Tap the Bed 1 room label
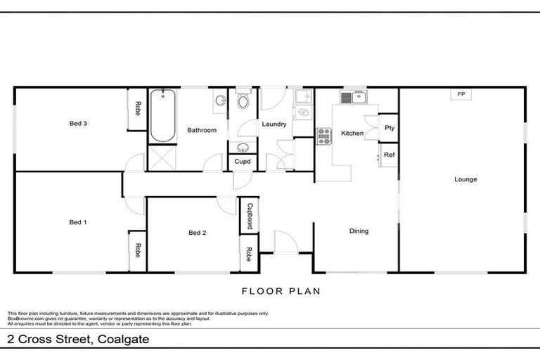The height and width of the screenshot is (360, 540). coord(77,222)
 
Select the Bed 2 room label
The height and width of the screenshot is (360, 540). coord(197,233)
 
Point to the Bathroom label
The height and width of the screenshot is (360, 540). coord(201,130)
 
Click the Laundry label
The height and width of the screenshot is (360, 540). coord(274,124)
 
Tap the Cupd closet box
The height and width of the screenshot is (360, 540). coord(243,162)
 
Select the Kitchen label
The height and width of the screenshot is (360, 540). coord(352,133)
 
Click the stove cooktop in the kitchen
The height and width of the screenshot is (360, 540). coord(324,136)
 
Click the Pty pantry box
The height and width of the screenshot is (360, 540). coord(389,128)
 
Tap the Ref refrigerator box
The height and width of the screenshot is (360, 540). coord(389,155)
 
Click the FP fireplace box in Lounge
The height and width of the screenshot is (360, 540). coord(461,94)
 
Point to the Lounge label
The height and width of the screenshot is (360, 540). coord(465,179)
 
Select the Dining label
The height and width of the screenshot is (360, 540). coord(359,231)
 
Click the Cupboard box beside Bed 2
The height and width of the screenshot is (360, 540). coord(249,217)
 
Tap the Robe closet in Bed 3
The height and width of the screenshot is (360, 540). coord(138,110)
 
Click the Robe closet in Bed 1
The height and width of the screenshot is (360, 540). coord(138,251)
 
